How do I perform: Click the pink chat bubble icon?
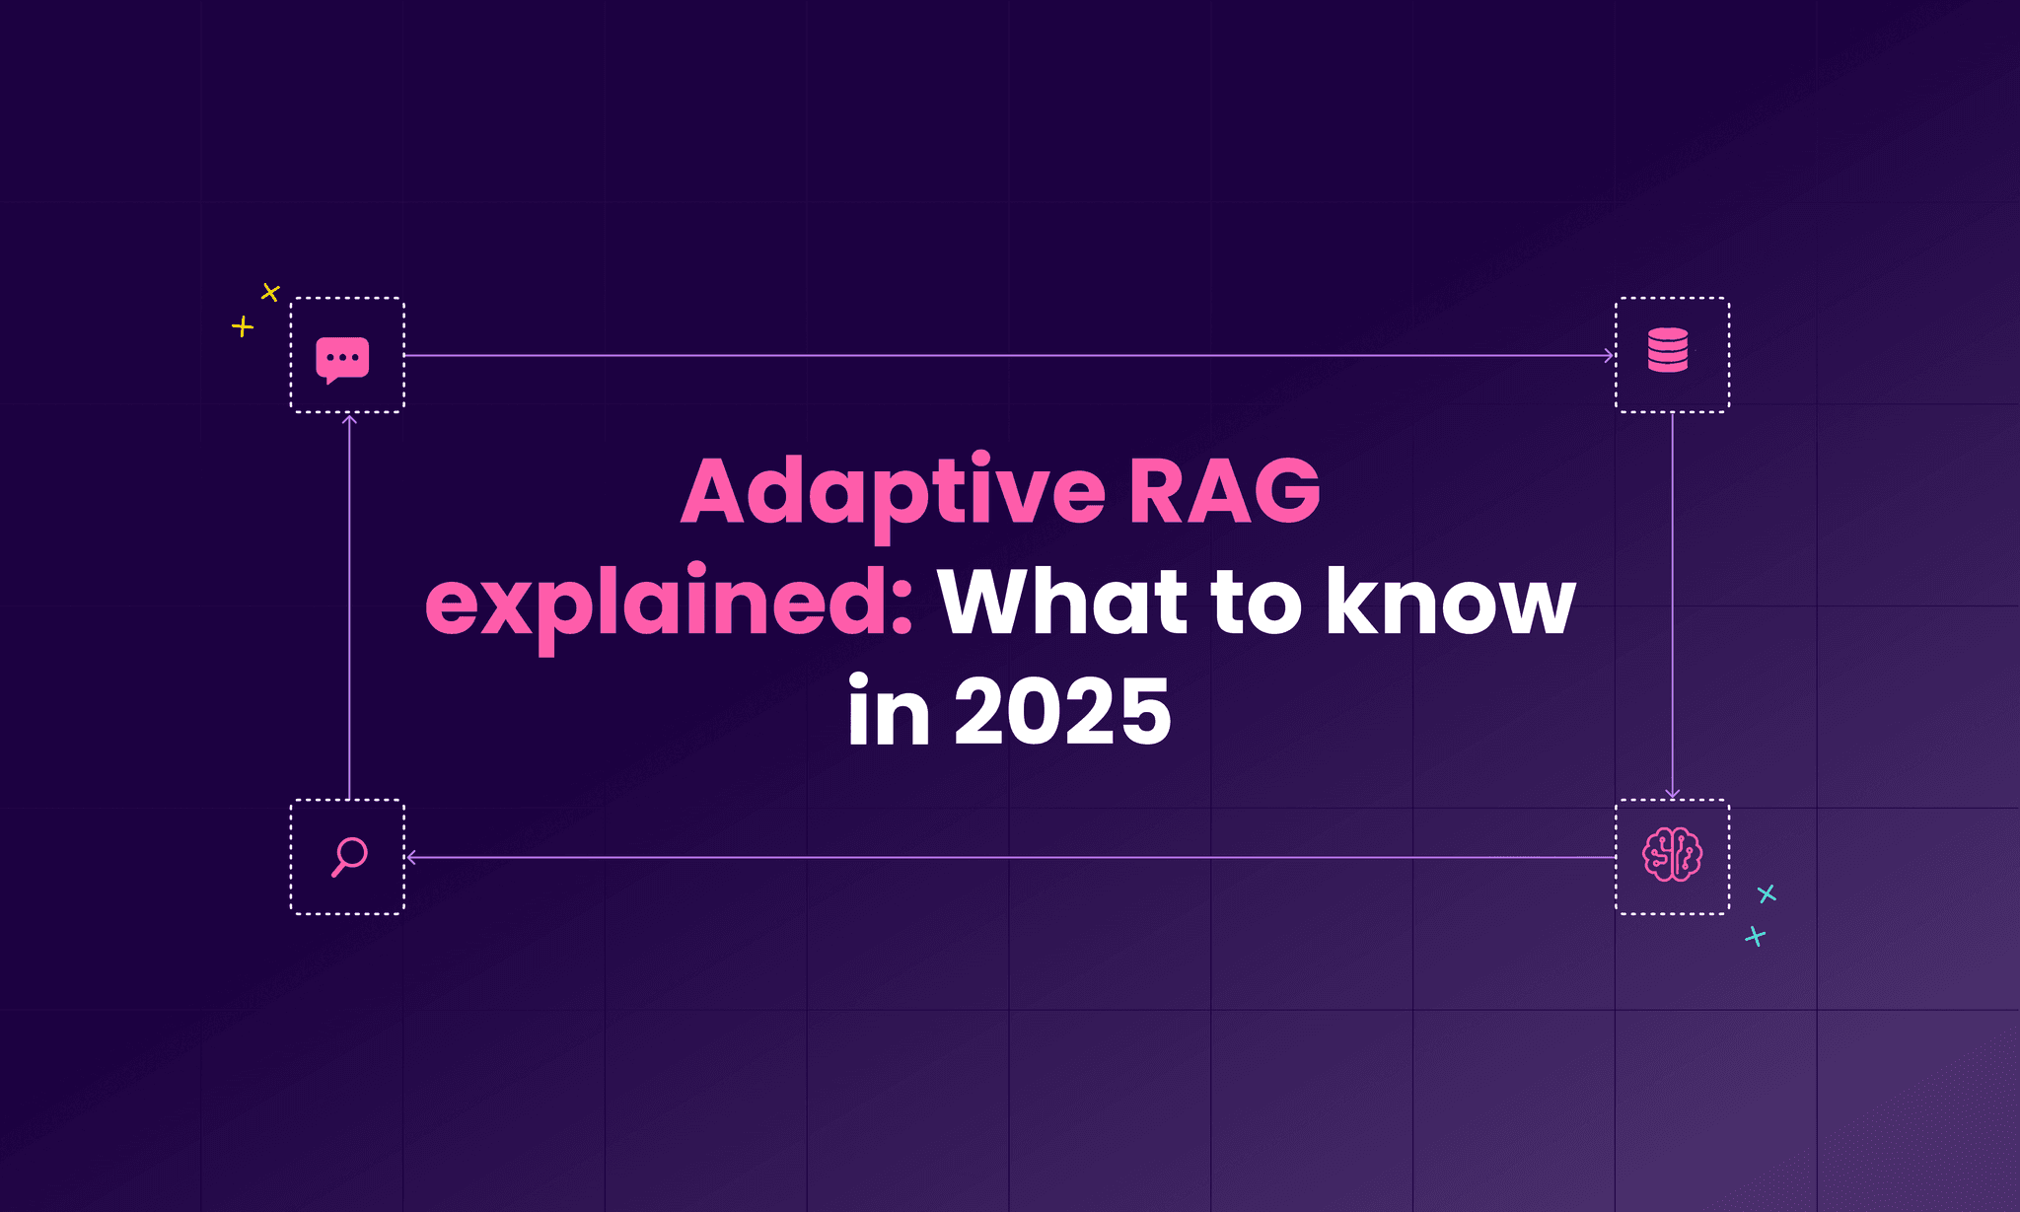[x=342, y=359]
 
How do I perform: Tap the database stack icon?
[x=1668, y=350]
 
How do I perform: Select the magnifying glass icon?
[x=349, y=856]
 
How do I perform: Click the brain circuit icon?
[x=1672, y=854]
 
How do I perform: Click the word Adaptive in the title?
[x=893, y=491]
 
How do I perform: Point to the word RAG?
[x=1224, y=491]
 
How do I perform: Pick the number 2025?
[x=1062, y=712]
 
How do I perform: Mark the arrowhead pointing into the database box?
[x=1609, y=355]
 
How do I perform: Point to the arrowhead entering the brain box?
[x=1672, y=794]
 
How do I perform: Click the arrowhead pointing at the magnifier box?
[x=411, y=858]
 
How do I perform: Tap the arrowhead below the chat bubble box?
[x=349, y=420]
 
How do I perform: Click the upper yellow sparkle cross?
[x=270, y=292]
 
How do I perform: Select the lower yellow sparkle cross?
[x=243, y=326]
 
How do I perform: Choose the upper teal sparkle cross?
[x=1767, y=893]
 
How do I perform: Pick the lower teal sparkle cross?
[x=1755, y=936]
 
